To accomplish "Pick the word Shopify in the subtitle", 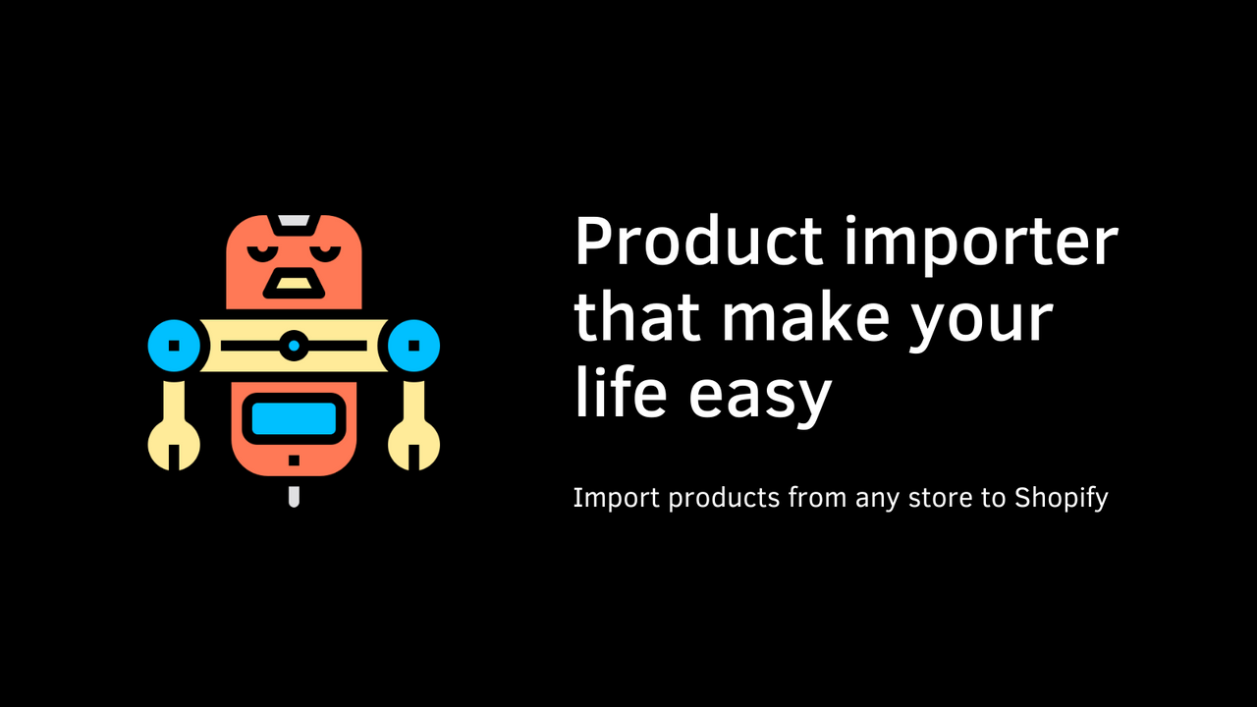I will (1062, 499).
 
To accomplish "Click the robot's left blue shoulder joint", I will (174, 346).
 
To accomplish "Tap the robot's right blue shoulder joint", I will (413, 346).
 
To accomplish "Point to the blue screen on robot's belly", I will (294, 419).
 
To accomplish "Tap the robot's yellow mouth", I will (294, 285).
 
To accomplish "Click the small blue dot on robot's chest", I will (294, 346).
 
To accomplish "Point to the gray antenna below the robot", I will (294, 495).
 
